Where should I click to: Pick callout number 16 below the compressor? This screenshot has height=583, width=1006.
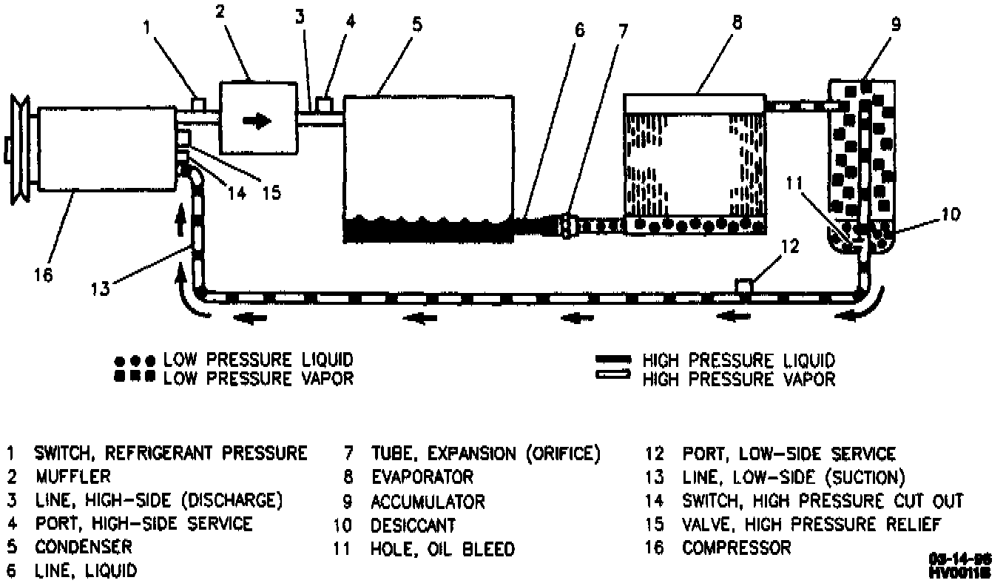pos(42,276)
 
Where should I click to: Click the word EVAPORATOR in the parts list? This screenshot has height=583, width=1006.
pos(422,477)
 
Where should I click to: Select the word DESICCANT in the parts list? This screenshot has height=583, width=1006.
pos(413,525)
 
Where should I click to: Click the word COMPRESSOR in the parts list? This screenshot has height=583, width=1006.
pos(736,548)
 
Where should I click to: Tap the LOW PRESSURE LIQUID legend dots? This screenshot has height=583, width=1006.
pos(135,360)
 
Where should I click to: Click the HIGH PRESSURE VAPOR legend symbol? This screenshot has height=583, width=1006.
pos(613,379)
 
